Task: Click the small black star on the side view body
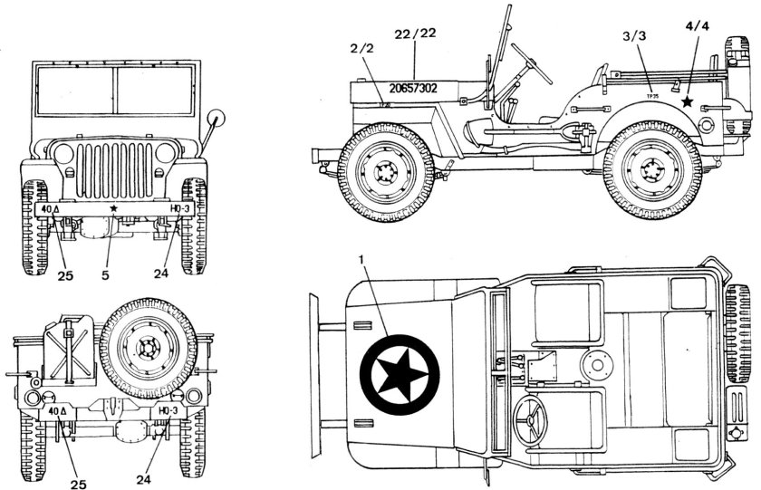[689, 102]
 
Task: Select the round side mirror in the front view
[216, 120]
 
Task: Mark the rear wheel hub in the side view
[651, 169]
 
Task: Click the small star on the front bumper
[113, 207]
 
